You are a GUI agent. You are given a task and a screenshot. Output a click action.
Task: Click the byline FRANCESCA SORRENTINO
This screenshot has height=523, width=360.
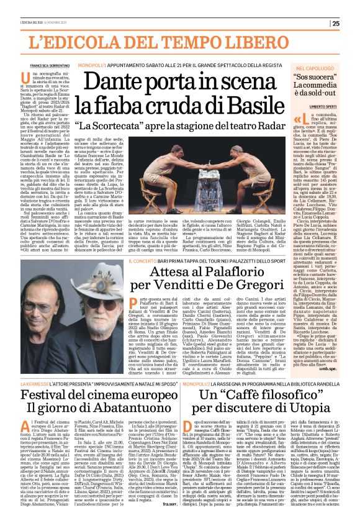(48, 65)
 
